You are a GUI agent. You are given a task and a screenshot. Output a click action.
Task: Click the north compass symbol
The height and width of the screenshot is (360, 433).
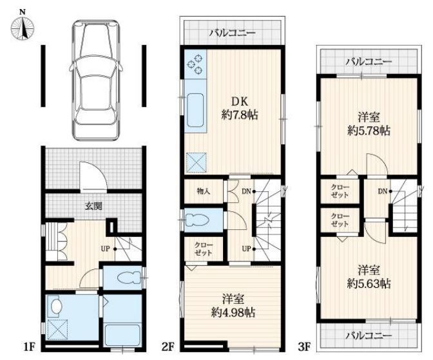(x=23, y=27)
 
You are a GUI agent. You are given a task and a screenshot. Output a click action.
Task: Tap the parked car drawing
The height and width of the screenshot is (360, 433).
(x=96, y=79)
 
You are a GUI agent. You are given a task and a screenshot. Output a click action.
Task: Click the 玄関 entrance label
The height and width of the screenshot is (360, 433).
(x=93, y=206)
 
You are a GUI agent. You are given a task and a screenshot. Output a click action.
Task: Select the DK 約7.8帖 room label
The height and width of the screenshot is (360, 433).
(x=240, y=108)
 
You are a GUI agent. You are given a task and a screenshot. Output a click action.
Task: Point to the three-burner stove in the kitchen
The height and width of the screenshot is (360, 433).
(x=195, y=64)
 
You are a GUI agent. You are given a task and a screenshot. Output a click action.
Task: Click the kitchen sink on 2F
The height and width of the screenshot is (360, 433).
(x=195, y=110)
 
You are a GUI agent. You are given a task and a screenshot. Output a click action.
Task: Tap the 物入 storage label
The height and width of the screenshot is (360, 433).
(x=204, y=191)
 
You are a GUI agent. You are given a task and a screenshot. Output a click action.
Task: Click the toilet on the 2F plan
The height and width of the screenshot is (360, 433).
(x=197, y=220)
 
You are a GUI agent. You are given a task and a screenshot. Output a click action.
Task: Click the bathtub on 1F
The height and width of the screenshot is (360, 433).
(x=123, y=336)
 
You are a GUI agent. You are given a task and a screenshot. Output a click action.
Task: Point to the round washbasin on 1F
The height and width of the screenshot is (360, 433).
(x=56, y=306)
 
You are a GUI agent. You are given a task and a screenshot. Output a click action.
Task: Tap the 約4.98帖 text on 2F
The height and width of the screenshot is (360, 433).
(x=233, y=312)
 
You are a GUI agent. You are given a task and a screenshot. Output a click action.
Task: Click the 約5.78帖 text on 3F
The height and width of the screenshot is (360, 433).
(x=369, y=130)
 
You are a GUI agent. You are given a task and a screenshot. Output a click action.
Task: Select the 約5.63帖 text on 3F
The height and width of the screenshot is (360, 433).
(x=369, y=283)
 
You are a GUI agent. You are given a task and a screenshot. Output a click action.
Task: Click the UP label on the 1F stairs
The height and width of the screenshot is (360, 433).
(x=105, y=249)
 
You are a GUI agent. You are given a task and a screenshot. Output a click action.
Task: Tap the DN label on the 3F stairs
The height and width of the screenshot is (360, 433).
(x=383, y=191)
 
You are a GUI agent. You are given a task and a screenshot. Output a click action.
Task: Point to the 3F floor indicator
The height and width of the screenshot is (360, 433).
(x=305, y=346)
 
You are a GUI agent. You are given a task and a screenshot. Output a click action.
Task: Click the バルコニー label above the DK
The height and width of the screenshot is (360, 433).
(x=232, y=33)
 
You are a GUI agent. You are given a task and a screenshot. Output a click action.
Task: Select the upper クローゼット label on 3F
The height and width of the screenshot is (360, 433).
(x=340, y=191)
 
